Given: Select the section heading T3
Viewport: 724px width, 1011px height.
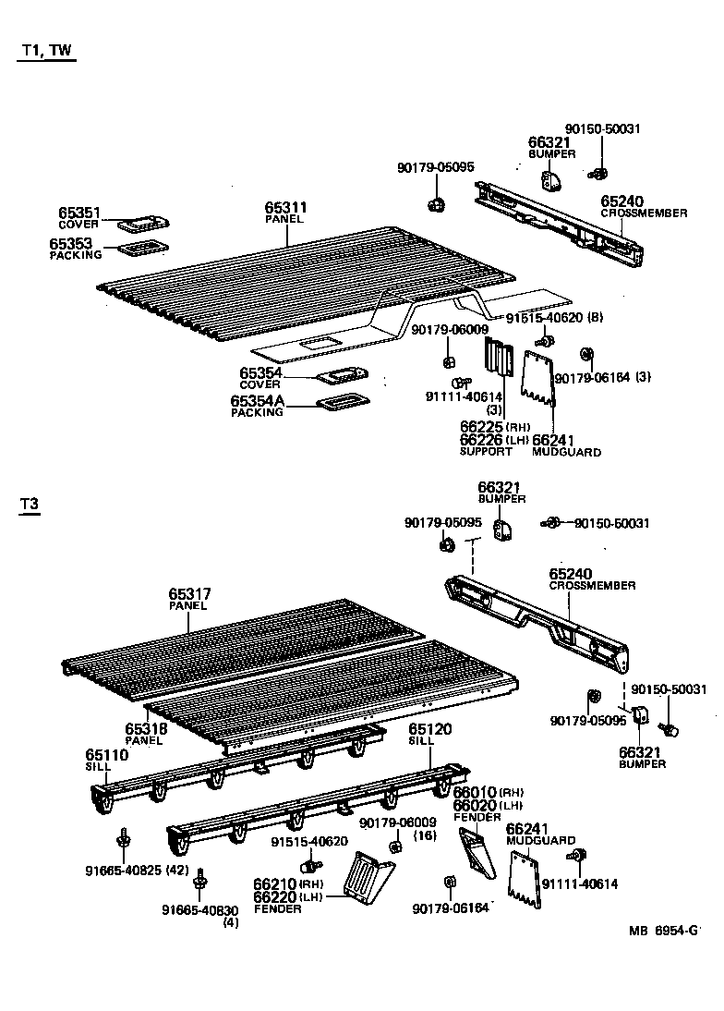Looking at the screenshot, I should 30,504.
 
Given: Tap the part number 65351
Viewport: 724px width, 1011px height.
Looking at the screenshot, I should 79,213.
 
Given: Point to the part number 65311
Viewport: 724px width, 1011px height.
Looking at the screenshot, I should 285,208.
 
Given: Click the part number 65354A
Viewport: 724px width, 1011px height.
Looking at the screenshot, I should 258,401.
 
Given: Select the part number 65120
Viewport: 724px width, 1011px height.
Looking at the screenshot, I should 430,729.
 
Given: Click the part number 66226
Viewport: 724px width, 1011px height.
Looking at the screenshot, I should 481,440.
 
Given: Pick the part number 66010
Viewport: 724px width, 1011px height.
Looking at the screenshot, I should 474,792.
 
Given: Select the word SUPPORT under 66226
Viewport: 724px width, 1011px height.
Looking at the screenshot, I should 486,452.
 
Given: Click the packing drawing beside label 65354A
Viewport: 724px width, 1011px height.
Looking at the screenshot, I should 341,403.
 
